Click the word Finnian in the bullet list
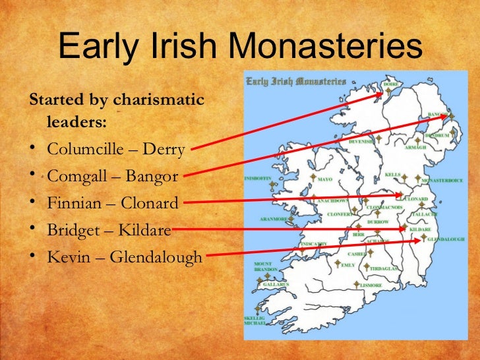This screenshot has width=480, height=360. [73, 203]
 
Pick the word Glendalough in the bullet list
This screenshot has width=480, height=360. [156, 256]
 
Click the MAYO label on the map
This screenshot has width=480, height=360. [325, 178]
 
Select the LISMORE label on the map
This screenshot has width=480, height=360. [371, 285]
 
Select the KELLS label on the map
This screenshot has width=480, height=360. [392, 175]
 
